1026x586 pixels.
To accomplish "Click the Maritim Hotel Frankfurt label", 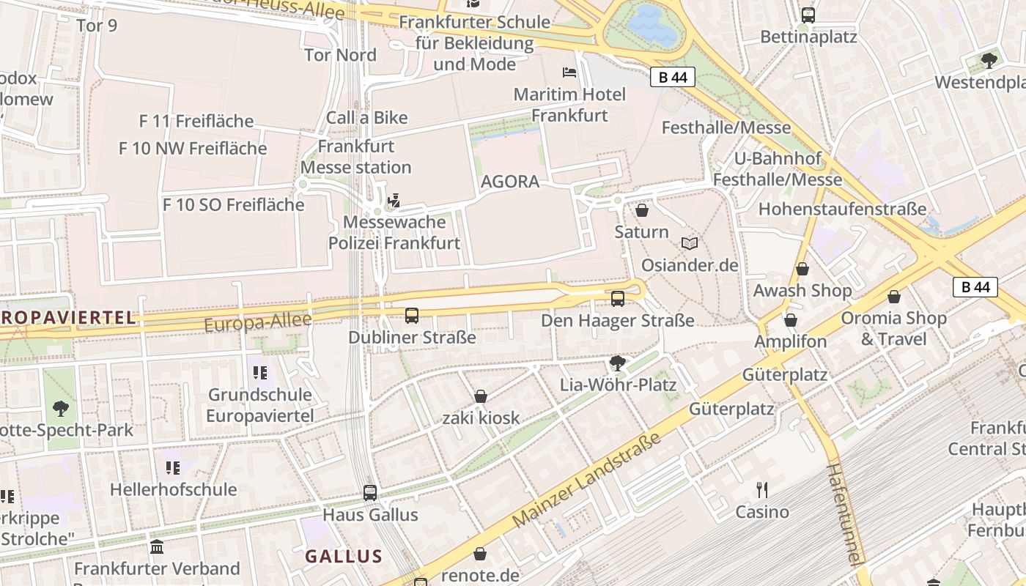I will [x=569, y=105].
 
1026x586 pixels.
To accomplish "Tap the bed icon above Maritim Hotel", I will [x=569, y=72].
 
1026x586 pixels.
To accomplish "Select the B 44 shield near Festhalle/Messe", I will [x=672, y=77].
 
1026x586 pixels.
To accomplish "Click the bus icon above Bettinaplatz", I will [x=808, y=15].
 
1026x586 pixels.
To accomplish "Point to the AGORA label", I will [x=510, y=182].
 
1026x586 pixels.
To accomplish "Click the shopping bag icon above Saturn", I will [x=642, y=211].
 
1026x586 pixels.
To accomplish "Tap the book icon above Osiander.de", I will [x=690, y=243].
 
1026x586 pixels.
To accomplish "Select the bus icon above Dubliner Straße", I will [x=412, y=316].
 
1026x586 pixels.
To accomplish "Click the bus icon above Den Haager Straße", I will [x=618, y=298].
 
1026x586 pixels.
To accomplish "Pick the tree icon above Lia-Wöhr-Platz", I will [x=618, y=363].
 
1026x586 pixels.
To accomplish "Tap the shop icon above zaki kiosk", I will [x=481, y=396].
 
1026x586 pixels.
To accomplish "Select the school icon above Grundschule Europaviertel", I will [x=259, y=373].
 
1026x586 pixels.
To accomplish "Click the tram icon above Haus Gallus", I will [x=370, y=492].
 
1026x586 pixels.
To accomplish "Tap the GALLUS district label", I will [x=344, y=556].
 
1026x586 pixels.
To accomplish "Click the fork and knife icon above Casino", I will [x=762, y=489].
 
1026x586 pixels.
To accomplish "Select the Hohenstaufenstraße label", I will [x=842, y=209].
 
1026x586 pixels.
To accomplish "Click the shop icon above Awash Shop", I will [x=802, y=269].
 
